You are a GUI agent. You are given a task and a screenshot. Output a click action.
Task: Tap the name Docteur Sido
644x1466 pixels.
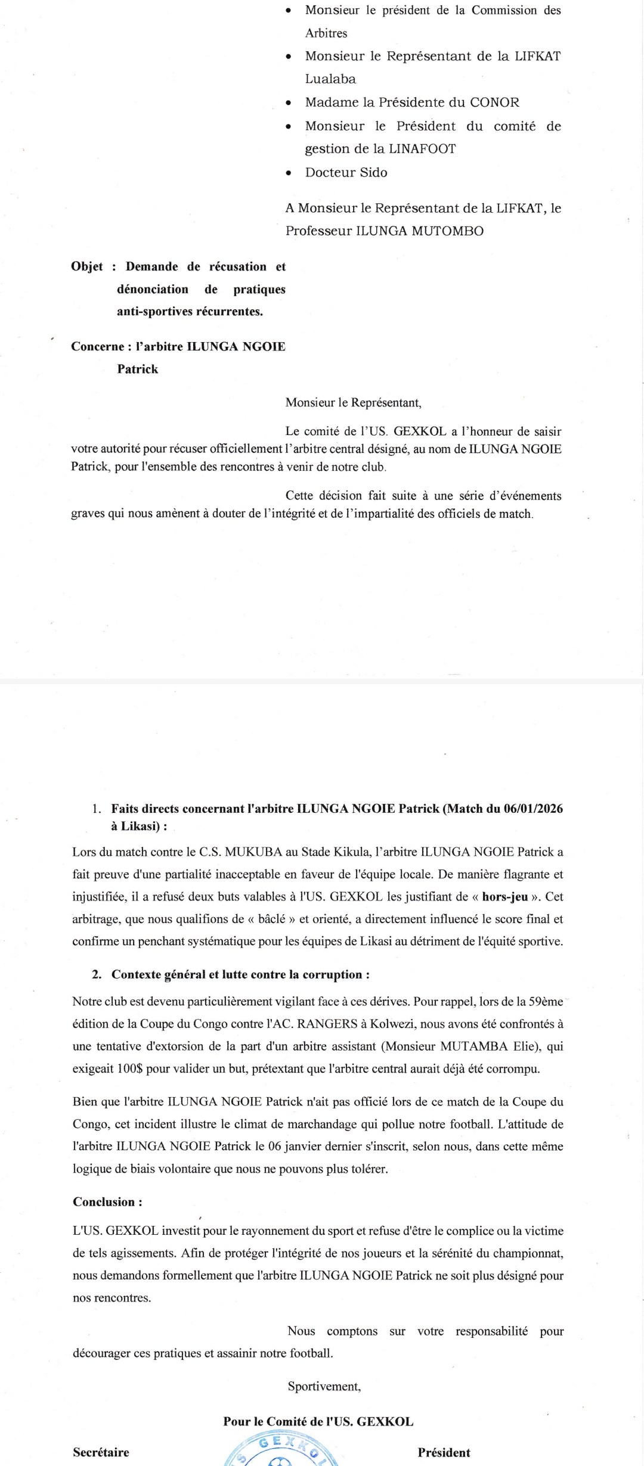click(x=346, y=173)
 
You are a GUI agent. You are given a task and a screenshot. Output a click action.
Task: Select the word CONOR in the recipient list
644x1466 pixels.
click(x=494, y=103)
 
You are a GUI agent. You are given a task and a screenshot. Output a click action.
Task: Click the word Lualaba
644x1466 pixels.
click(x=330, y=79)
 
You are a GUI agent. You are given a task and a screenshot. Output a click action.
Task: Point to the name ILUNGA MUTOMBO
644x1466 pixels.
click(x=420, y=231)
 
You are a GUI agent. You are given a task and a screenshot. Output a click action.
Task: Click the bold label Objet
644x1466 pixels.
click(x=87, y=266)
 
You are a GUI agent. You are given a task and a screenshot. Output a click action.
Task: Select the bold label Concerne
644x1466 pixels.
click(x=97, y=347)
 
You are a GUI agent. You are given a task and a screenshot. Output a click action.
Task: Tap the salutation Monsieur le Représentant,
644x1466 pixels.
click(x=353, y=403)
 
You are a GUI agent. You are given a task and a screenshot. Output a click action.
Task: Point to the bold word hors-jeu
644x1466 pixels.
click(x=505, y=897)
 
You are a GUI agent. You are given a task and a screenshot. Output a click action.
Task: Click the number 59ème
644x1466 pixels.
click(x=546, y=1002)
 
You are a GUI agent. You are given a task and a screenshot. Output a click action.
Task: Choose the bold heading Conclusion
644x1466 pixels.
click(x=105, y=1202)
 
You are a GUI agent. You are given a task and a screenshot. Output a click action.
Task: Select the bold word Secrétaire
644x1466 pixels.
click(x=101, y=1452)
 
